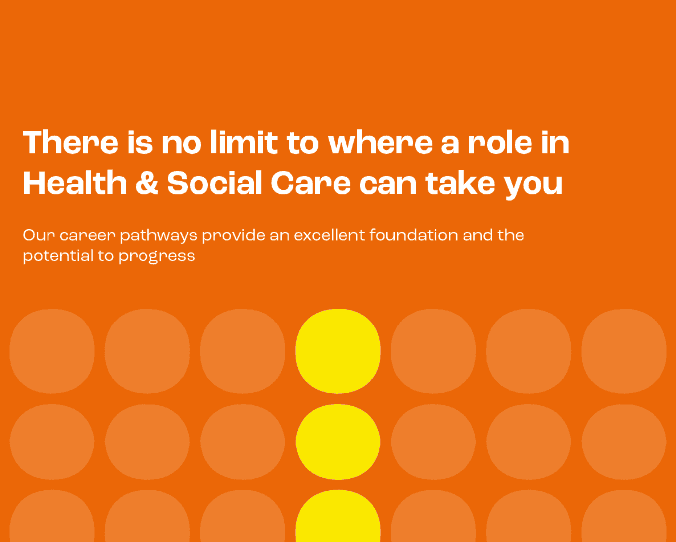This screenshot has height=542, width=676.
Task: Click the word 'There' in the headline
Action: [x=71, y=142]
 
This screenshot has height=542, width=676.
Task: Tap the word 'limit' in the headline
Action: [x=244, y=142]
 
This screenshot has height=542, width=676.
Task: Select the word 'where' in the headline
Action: [x=380, y=142]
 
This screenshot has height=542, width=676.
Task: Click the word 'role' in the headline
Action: [x=500, y=142]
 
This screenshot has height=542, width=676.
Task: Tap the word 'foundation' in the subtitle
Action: [x=414, y=235]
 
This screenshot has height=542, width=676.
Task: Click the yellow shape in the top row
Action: [x=338, y=351]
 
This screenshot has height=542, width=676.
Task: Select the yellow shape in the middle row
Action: [x=338, y=441]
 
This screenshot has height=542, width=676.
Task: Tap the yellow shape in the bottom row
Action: [x=338, y=516]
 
